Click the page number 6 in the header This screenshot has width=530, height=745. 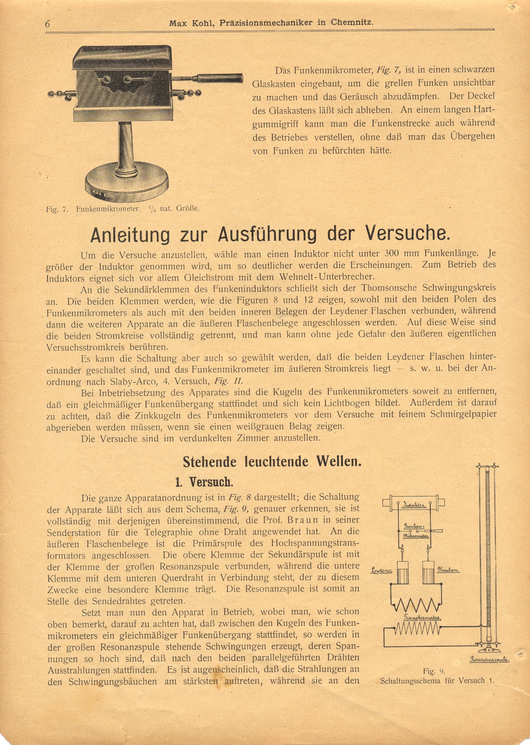tap(48, 24)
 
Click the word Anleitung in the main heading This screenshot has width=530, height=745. tap(130, 235)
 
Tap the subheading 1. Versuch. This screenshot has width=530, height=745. tap(204, 482)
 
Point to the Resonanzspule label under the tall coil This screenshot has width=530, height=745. tap(489, 660)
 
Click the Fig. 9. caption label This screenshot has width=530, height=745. tap(433, 671)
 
